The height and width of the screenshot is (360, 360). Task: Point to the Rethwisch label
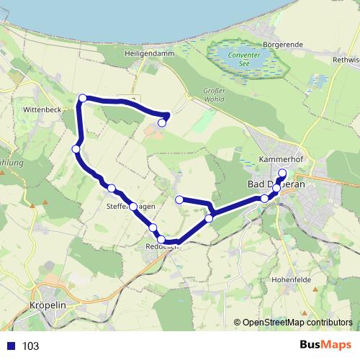click(345, 60)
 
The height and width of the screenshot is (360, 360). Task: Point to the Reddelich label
click(161, 246)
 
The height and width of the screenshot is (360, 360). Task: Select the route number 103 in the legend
click(30, 346)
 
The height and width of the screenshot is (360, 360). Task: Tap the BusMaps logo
click(327, 346)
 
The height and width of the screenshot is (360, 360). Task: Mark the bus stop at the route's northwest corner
click(83, 98)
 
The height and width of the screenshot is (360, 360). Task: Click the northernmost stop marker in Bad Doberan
click(282, 174)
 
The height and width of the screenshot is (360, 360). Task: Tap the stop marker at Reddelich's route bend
click(162, 240)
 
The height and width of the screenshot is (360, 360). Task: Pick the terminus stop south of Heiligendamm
click(162, 122)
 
